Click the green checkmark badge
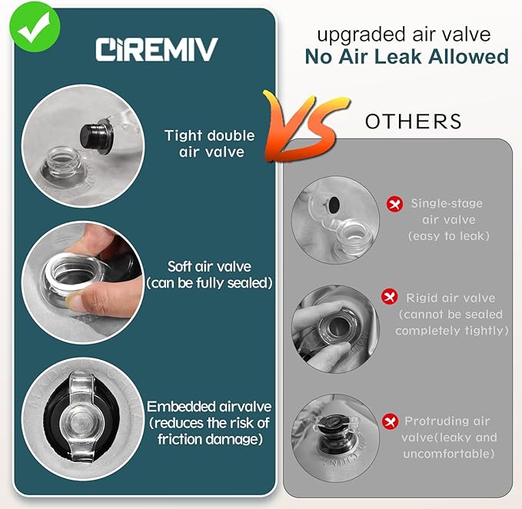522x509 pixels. coord(35,28)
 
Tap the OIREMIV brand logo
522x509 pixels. coord(157,49)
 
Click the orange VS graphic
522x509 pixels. coord(306,127)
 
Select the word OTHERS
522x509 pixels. coord(414,121)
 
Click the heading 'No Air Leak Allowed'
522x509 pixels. coord(407,57)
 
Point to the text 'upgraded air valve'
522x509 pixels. coord(404,35)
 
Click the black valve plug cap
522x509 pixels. coord(97,137)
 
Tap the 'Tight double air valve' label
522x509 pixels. coord(210,144)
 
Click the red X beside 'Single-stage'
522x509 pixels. coord(395,204)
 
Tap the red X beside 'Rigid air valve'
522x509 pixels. coord(390,296)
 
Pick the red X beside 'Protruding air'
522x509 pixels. coord(390,421)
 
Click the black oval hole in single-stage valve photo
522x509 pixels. coord(334,205)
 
